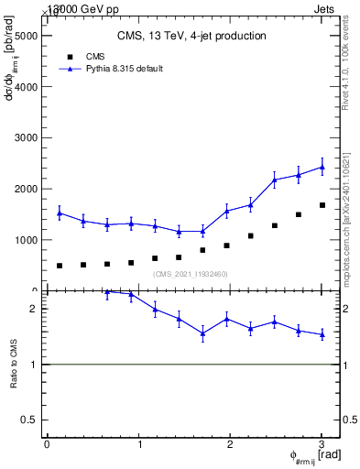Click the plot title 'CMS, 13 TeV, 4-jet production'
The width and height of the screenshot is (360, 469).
pyautogui.click(x=191, y=36)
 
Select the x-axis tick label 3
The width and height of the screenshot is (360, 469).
pyautogui.click(x=322, y=444)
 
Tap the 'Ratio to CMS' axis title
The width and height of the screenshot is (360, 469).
pyautogui.click(x=13, y=365)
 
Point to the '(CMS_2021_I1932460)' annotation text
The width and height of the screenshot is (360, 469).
pyautogui.click(x=190, y=274)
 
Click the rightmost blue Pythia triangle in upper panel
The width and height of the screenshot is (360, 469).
pyautogui.click(x=322, y=167)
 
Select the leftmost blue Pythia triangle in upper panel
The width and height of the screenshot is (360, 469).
pyautogui.click(x=60, y=213)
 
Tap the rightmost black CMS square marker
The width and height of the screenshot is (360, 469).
pyautogui.click(x=322, y=205)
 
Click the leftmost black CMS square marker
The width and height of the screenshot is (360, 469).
pyautogui.click(x=60, y=266)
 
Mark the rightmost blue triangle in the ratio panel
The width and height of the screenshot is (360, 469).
pyautogui.click(x=322, y=335)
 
